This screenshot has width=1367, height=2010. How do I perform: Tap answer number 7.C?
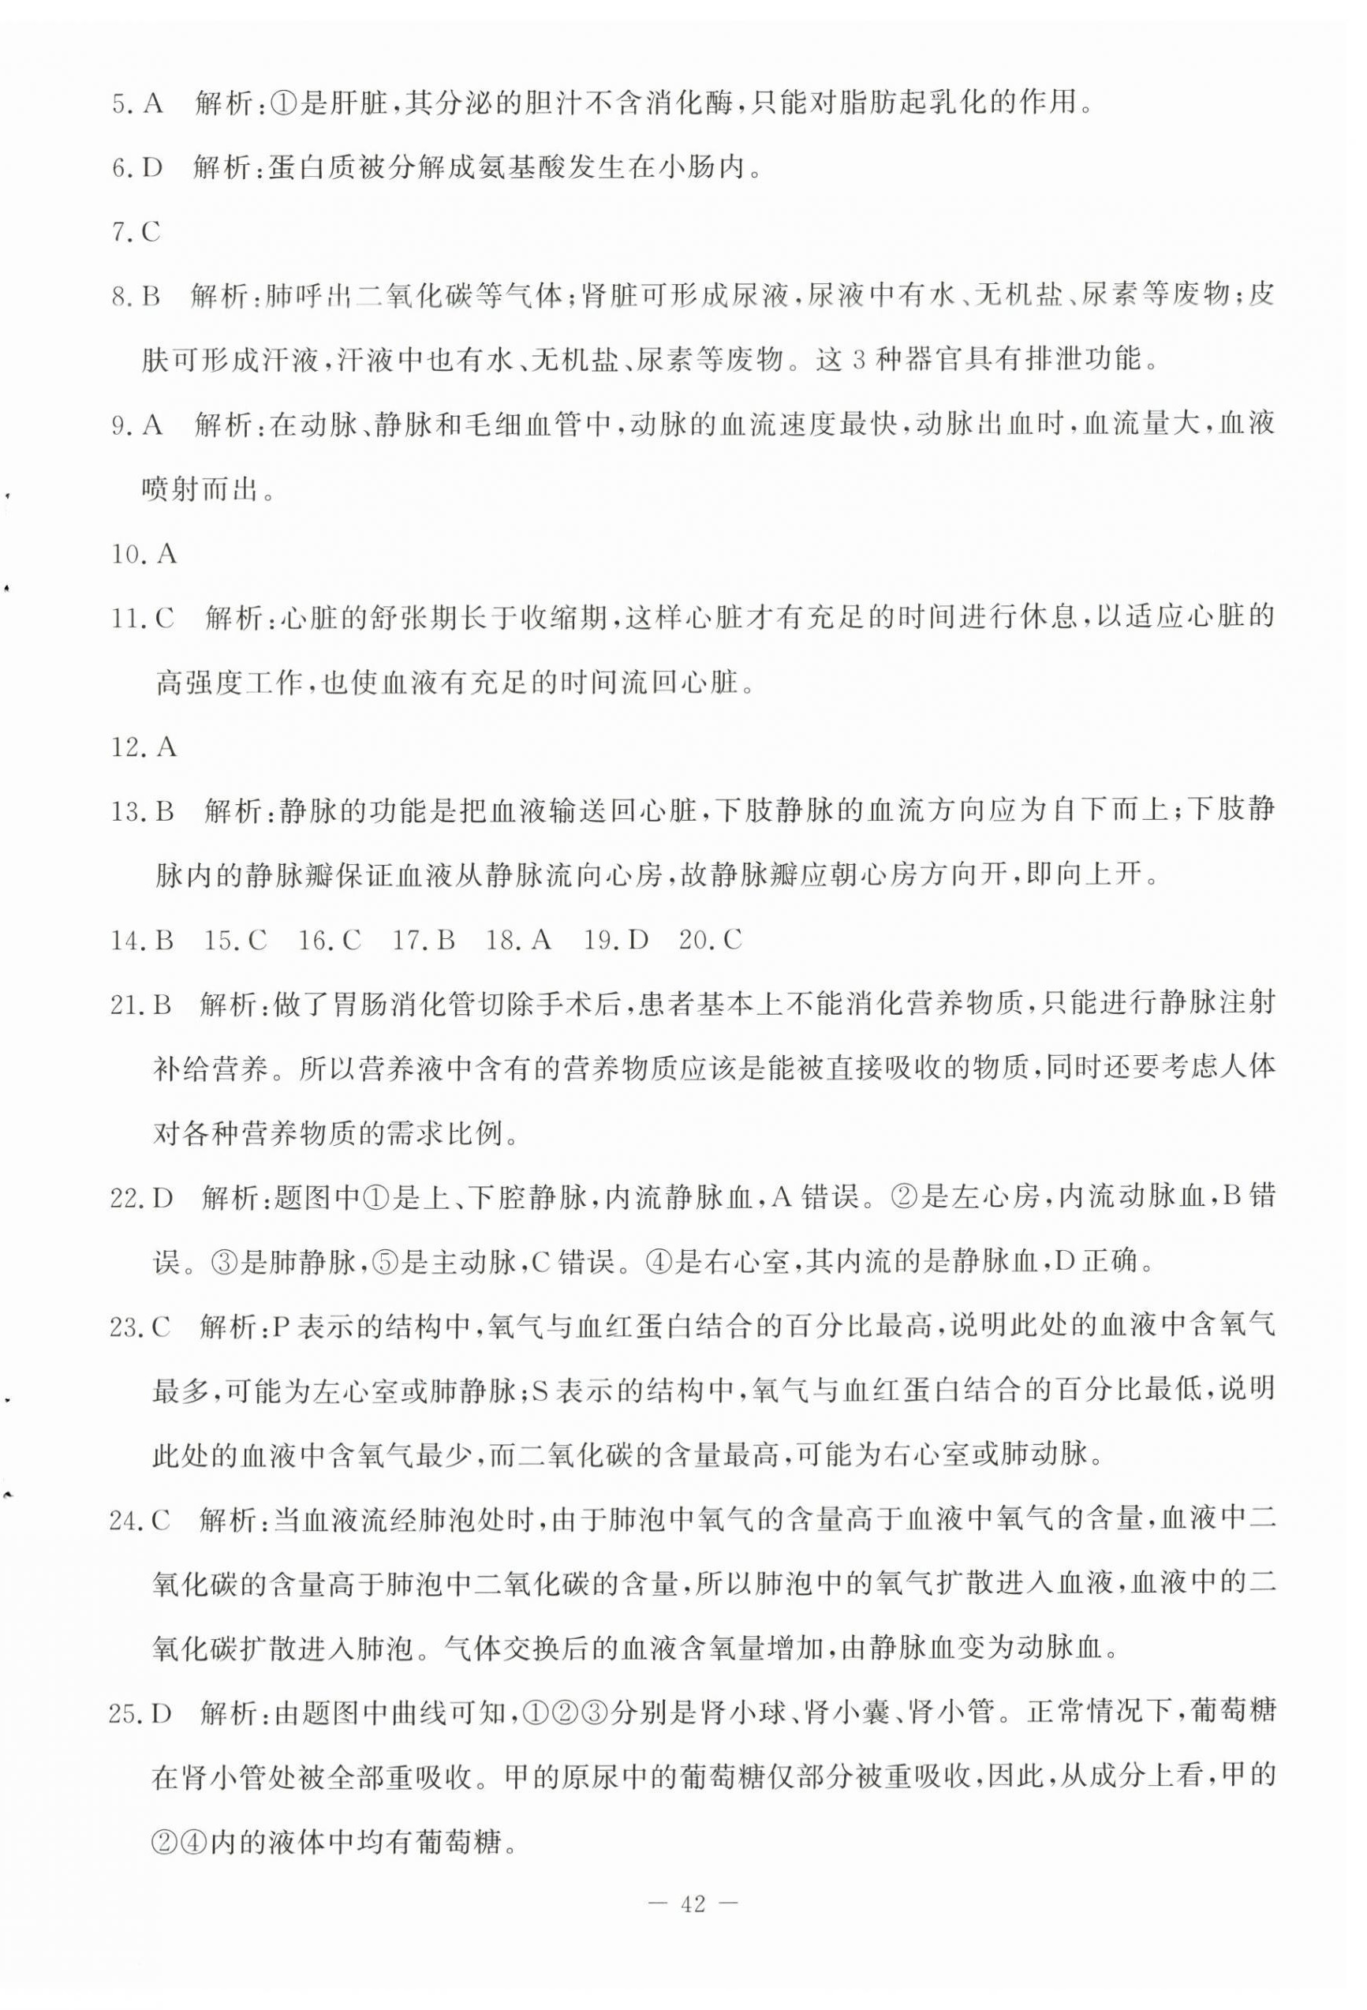136,232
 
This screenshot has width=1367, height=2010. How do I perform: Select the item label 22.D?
144,1198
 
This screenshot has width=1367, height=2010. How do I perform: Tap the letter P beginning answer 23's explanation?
279,1327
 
